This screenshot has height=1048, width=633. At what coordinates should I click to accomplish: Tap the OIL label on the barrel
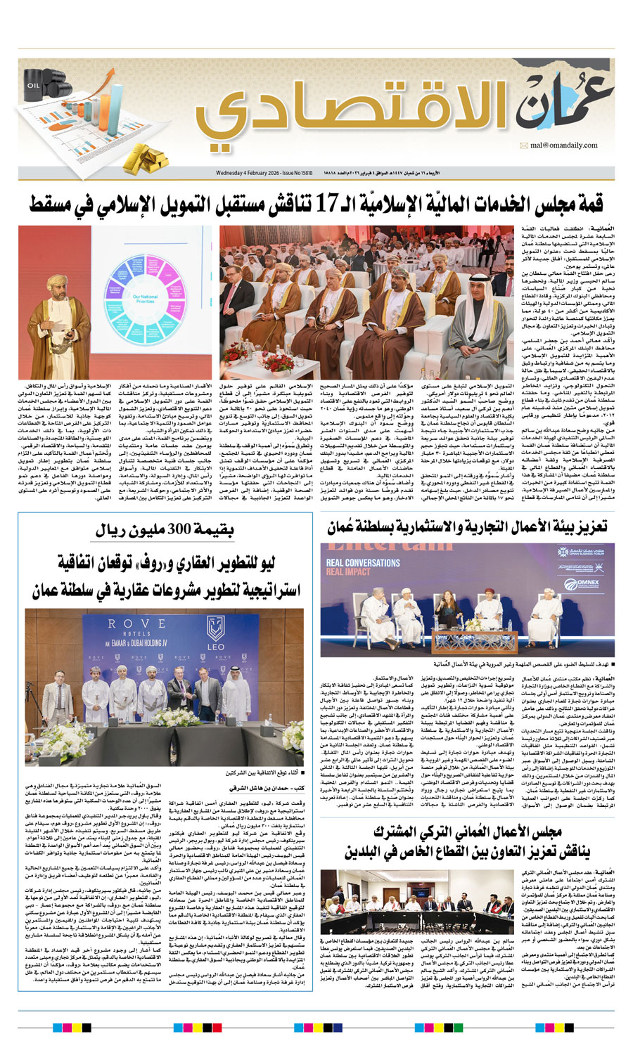[33, 85]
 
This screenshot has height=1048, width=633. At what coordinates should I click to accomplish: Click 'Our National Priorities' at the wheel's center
[145, 299]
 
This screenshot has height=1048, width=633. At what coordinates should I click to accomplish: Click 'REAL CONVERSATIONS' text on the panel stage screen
[363, 563]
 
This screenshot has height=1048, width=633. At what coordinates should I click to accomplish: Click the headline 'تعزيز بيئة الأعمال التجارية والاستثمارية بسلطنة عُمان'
[467, 527]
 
